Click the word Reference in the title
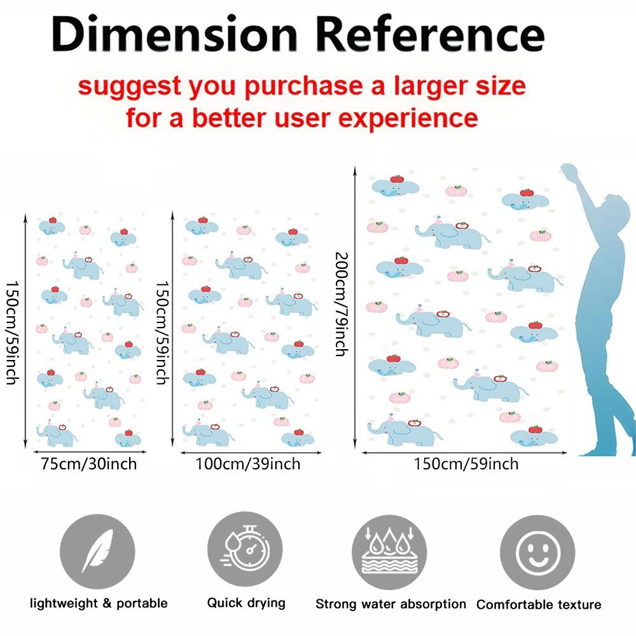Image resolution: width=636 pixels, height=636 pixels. pyautogui.click(x=429, y=34)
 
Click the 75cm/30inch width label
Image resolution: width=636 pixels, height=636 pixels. pyautogui.click(x=89, y=464)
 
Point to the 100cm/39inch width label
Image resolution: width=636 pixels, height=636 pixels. pyautogui.click(x=248, y=464)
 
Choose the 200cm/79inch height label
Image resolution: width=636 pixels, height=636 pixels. pyautogui.click(x=342, y=304)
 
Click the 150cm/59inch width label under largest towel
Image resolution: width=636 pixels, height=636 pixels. pyautogui.click(x=466, y=464)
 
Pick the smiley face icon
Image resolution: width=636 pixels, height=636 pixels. pyautogui.click(x=537, y=553)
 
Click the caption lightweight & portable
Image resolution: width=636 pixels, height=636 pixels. pyautogui.click(x=99, y=603)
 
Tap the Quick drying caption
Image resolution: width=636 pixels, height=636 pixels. pyautogui.click(x=246, y=603)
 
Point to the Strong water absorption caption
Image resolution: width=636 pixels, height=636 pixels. pyautogui.click(x=391, y=604)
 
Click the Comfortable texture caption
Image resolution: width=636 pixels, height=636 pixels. pyautogui.click(x=539, y=604)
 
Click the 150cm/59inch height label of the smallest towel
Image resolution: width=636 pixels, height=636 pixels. pyautogui.click(x=13, y=333)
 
